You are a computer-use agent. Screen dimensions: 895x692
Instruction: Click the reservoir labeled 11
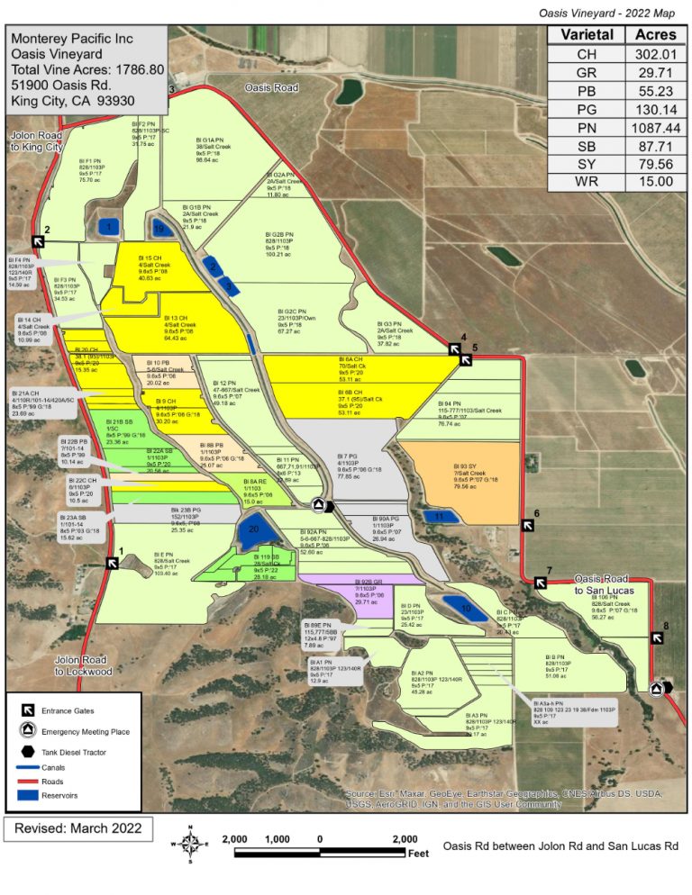pos(440,517)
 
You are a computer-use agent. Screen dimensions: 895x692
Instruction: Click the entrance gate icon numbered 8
pos(658,637)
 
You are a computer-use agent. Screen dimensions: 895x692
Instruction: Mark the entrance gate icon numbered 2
pos(40,241)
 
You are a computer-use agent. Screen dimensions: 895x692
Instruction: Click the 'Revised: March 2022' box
pos(78,827)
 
